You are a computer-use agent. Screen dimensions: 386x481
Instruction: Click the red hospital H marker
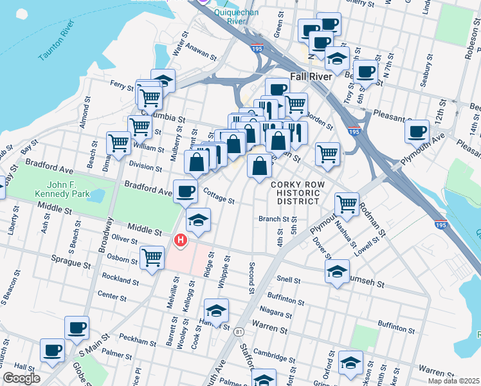[181, 241]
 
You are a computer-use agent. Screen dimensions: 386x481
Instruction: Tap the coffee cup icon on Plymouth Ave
[417, 131]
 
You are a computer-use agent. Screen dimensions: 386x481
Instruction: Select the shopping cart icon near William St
[119, 143]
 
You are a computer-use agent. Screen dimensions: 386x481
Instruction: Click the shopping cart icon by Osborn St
[152, 258]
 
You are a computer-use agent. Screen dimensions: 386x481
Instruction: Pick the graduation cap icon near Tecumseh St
[337, 271]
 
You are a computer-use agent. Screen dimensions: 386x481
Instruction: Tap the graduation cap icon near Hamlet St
[216, 310]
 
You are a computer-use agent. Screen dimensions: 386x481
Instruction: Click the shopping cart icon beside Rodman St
[347, 204]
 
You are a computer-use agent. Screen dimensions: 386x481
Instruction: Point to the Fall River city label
[311, 76]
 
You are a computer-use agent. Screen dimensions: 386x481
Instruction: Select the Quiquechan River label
[230, 15]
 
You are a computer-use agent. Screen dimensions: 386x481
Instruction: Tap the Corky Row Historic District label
[295, 192]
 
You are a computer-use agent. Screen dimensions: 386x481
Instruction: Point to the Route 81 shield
[239, 331]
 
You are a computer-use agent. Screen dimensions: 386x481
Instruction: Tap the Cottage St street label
[219, 196]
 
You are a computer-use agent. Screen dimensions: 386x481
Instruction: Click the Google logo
[21, 378]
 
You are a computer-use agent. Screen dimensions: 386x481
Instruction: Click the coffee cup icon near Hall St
[52, 351]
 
